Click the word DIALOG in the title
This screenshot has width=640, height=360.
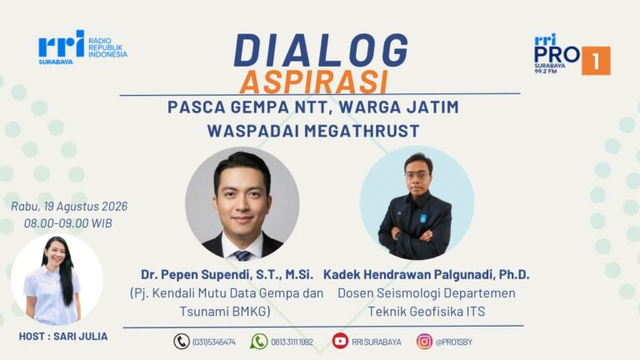click(321, 51)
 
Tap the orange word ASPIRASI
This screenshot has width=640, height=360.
click(313, 82)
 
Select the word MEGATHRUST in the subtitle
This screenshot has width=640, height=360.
click(362, 131)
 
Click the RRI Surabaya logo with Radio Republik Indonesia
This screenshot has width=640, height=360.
click(82, 47)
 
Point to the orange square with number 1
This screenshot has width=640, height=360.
click(596, 61)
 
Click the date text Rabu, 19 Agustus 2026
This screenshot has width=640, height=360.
click(69, 206)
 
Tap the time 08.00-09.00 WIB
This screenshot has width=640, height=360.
click(67, 223)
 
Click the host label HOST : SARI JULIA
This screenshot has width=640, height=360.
click(63, 337)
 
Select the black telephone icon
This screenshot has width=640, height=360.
click(182, 341)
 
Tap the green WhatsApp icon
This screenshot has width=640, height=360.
click(259, 341)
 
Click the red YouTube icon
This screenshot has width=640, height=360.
click(340, 341)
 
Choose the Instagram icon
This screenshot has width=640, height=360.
click(424, 341)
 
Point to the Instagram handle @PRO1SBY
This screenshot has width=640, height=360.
click(453, 342)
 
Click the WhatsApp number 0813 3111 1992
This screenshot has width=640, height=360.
click(292, 342)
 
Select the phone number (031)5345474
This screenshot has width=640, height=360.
click(213, 342)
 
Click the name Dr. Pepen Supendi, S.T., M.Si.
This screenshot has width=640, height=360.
click(227, 275)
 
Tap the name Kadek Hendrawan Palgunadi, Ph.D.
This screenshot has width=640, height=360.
click(427, 275)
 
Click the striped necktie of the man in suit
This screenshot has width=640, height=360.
click(242, 256)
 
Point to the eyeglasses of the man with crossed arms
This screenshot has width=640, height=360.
click(417, 176)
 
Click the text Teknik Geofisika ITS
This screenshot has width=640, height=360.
click(427, 312)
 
